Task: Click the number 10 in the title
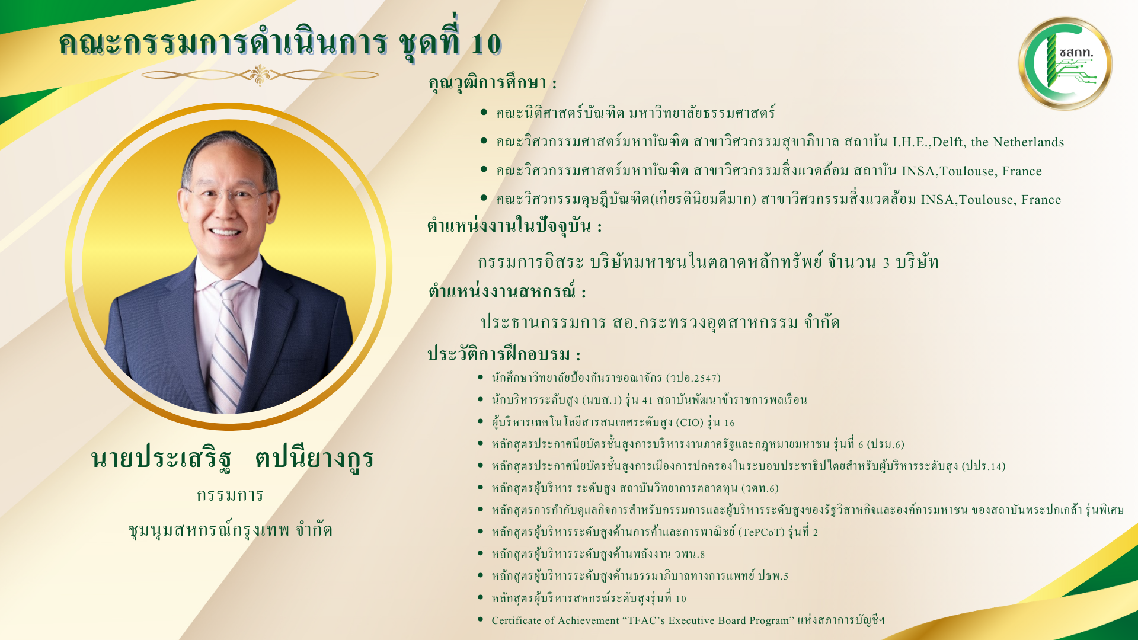(486, 44)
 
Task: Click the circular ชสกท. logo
(1065, 63)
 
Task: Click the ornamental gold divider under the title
(260, 75)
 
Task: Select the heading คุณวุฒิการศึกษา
(493, 82)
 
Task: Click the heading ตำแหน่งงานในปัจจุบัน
(514, 226)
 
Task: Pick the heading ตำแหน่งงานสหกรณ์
(507, 292)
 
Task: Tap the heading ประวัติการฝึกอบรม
(504, 354)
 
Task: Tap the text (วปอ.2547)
(693, 378)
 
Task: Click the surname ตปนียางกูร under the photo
(314, 458)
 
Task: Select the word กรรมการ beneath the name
(230, 495)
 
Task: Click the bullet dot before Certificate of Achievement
(480, 620)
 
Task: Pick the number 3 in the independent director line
(886, 263)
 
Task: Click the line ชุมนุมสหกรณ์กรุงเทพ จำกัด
(230, 529)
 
